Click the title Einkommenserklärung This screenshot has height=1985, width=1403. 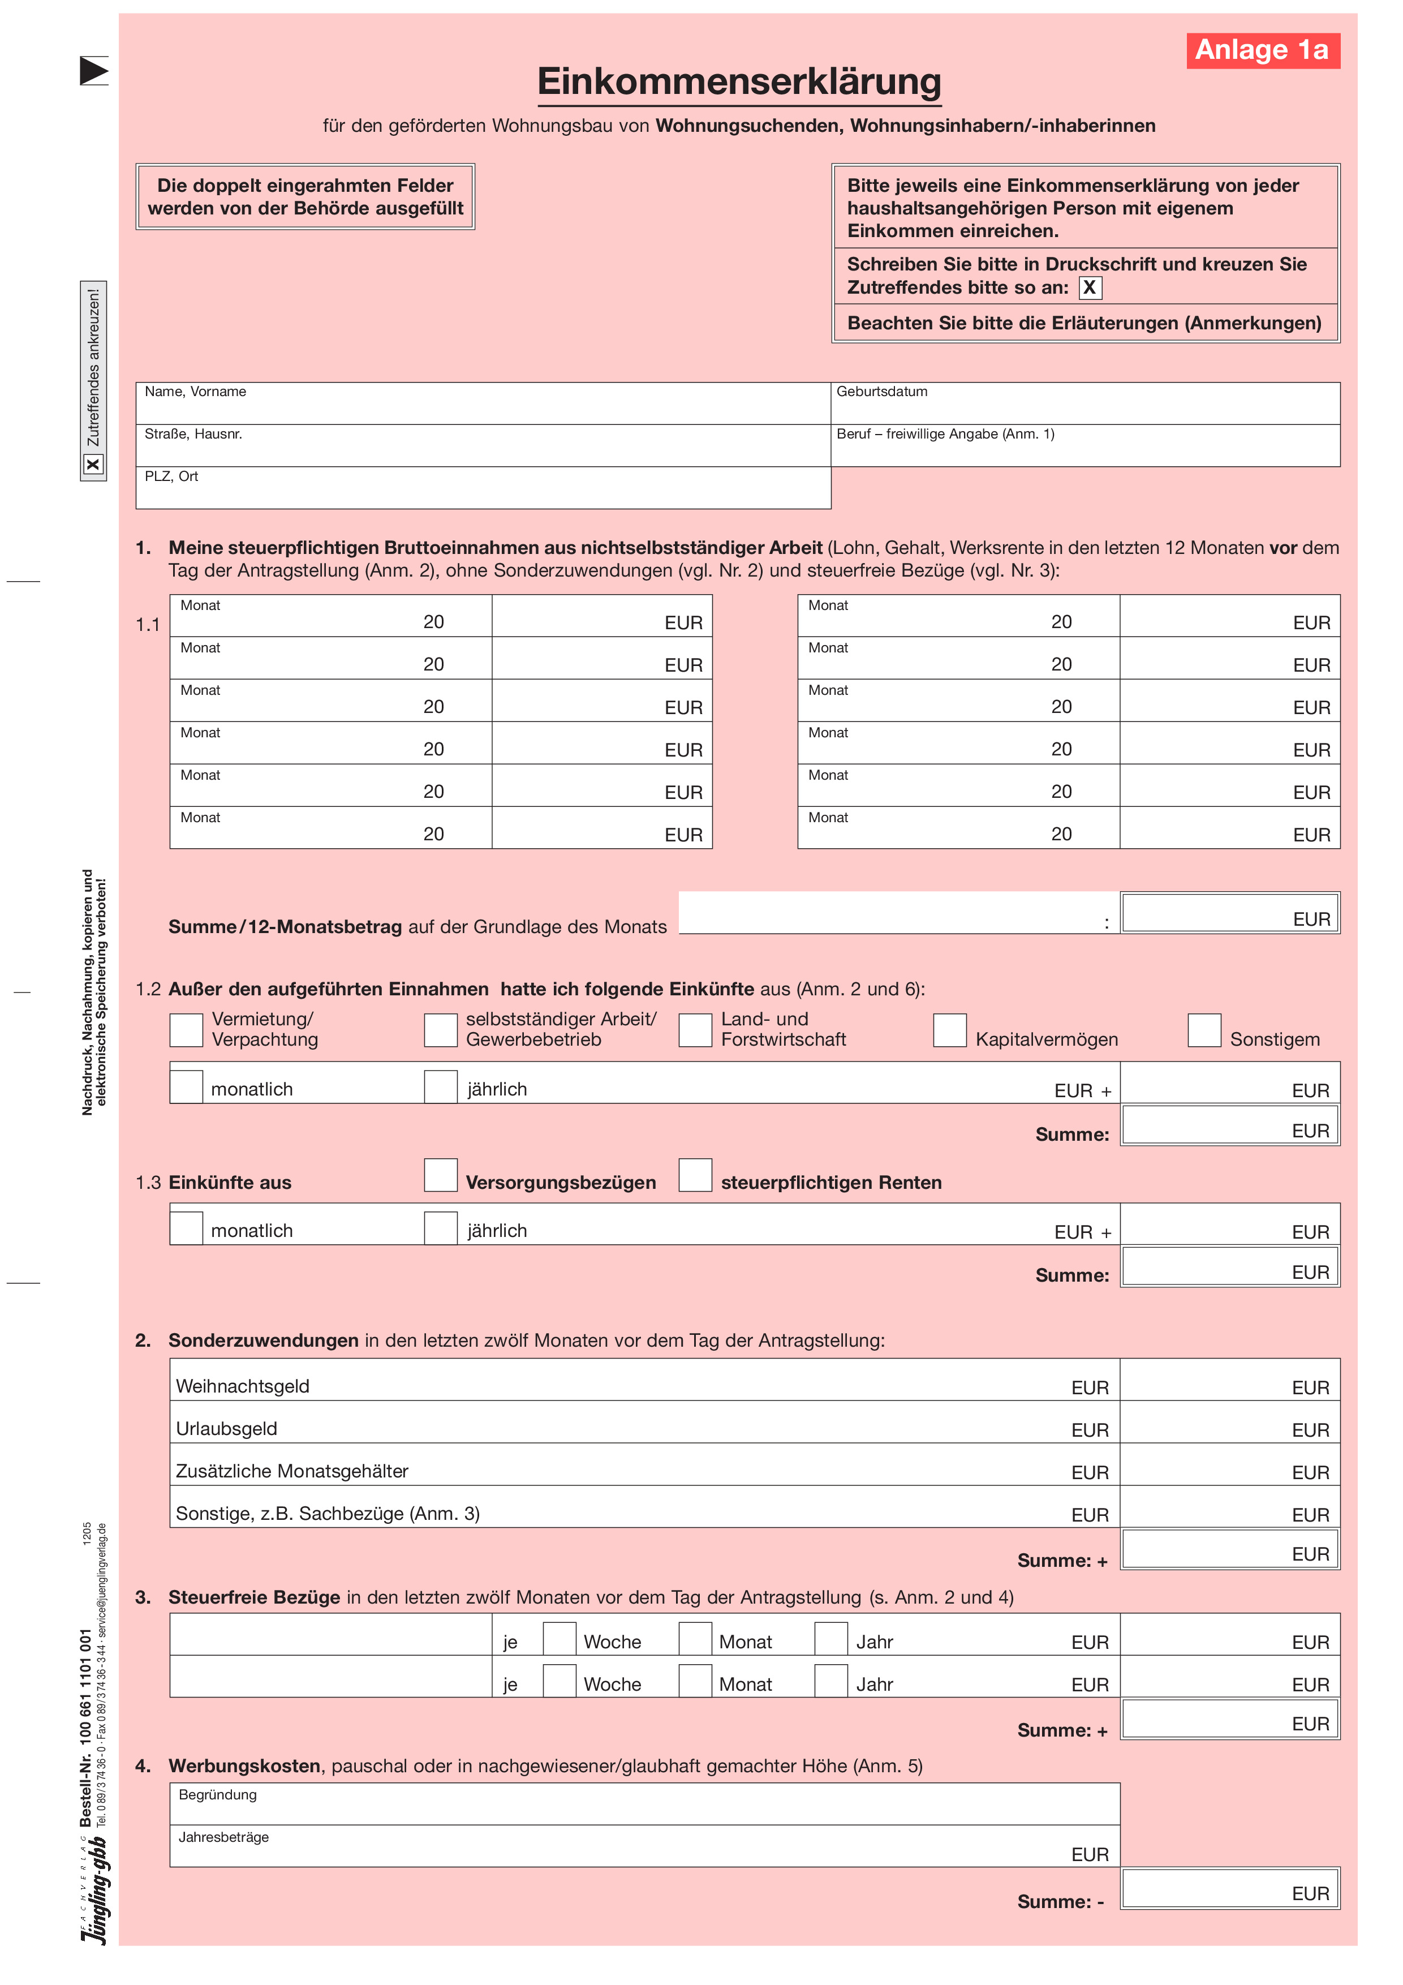pyautogui.click(x=738, y=82)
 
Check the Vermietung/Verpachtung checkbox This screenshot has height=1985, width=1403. pyautogui.click(x=186, y=1030)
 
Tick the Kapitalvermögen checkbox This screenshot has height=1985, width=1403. pyautogui.click(x=949, y=1030)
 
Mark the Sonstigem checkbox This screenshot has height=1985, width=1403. pyautogui.click(x=1203, y=1030)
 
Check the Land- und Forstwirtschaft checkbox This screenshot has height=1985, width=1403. pyautogui.click(x=695, y=1030)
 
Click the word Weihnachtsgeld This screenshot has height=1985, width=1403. pyautogui.click(x=243, y=1387)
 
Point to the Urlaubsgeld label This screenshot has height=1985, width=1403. pyautogui.click(x=226, y=1429)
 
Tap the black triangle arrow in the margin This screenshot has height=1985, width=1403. pyautogui.click(x=93, y=71)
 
